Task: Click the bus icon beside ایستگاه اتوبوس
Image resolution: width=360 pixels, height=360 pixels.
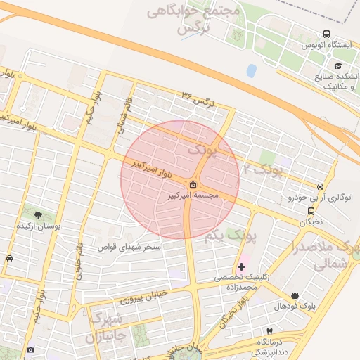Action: pos(326,34)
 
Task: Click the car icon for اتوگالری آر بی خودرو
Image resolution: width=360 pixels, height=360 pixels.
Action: pos(321,186)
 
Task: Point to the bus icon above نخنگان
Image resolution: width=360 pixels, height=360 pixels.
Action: pos(310,210)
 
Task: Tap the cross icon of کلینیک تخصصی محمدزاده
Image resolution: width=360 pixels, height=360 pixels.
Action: pos(242,266)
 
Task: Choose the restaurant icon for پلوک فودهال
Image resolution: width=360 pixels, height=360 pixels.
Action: pos(295,296)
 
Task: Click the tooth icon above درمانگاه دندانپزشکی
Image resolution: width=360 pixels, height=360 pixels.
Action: pos(268,330)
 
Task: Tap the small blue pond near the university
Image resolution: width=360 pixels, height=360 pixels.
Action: pos(252,70)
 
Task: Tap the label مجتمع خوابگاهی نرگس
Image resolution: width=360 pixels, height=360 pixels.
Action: pos(194,20)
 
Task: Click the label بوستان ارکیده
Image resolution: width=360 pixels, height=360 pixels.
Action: pos(38,226)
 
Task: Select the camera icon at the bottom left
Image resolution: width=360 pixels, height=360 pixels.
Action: pos(30,350)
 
